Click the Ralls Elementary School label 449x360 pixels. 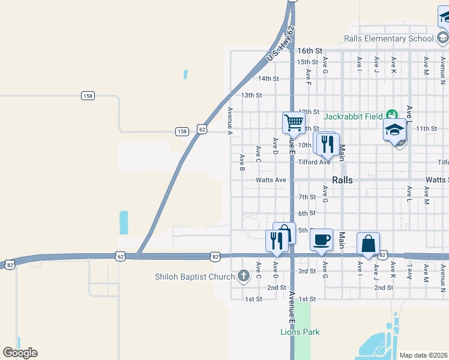[388, 39]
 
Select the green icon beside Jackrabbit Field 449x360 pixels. [392, 114]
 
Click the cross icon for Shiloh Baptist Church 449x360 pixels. [243, 277]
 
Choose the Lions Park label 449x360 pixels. [300, 332]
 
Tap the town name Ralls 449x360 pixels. [342, 180]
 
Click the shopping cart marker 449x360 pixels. [294, 123]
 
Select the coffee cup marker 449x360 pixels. [322, 239]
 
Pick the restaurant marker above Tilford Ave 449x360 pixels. [327, 144]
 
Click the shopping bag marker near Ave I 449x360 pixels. [368, 244]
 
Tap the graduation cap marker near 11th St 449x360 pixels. [395, 130]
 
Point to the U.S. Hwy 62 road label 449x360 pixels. [282, 43]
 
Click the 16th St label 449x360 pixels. [310, 51]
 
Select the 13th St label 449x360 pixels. [252, 95]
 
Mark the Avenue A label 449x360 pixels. [230, 121]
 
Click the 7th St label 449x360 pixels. [307, 197]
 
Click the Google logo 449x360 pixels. [20, 353]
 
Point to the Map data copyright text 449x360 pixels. [423, 355]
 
